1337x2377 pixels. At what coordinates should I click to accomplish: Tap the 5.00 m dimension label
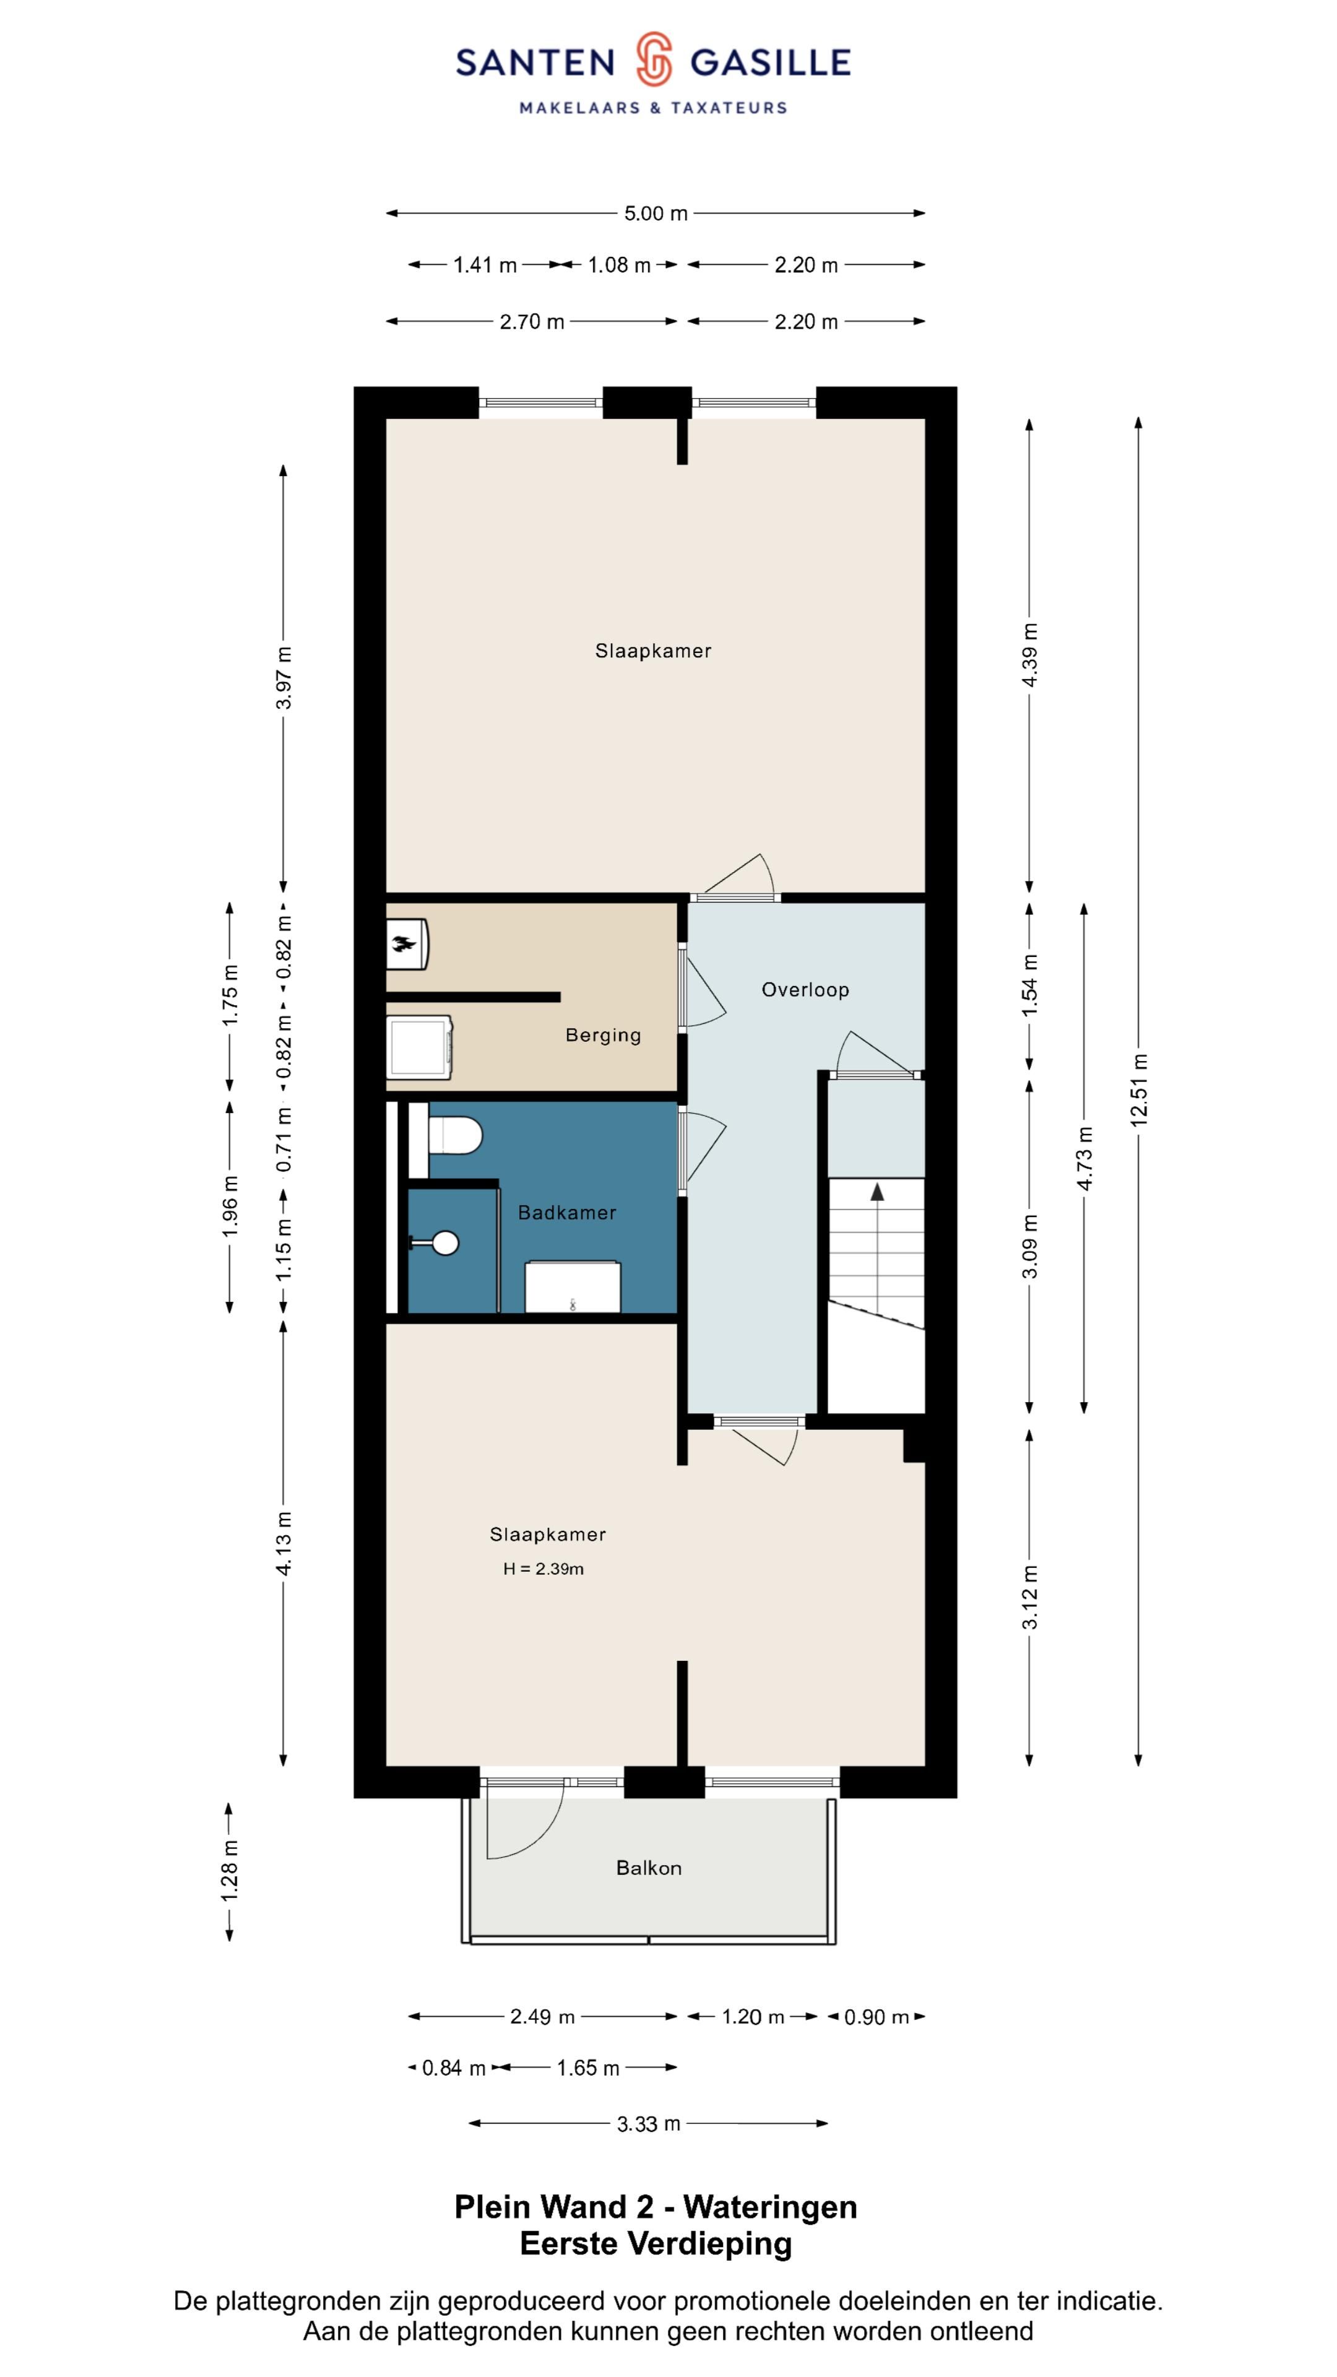tap(655, 213)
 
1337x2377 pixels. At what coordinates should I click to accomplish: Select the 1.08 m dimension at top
tap(619, 265)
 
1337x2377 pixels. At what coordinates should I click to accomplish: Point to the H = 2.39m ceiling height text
tap(543, 1569)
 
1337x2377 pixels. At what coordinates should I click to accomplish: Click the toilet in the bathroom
tap(456, 1136)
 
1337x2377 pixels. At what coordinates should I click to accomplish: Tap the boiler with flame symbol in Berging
tap(407, 943)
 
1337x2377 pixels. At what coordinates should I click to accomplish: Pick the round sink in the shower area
tap(445, 1243)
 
